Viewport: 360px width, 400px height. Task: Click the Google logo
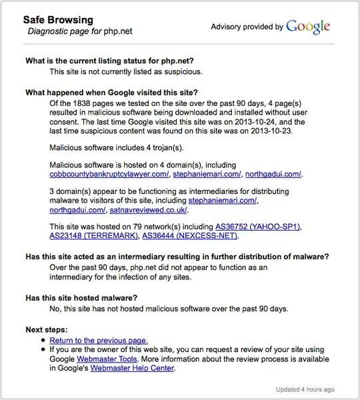[x=308, y=27]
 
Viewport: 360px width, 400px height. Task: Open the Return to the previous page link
[x=99, y=340]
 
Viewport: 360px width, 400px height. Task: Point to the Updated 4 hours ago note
[x=305, y=389]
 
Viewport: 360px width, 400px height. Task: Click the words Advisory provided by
[x=247, y=27]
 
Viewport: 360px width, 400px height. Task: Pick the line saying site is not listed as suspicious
[x=126, y=71]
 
